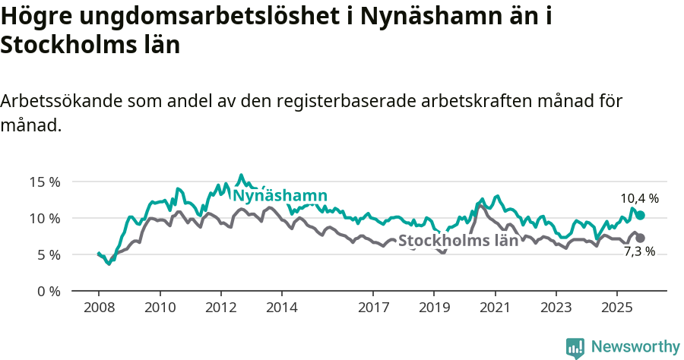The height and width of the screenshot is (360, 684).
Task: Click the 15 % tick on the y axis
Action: tap(44, 182)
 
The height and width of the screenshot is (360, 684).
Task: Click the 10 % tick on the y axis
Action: tap(44, 218)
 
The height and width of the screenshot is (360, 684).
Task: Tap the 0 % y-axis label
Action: tap(47, 291)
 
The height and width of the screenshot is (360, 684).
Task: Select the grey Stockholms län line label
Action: tap(458, 241)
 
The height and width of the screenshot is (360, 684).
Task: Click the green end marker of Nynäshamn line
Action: tap(640, 216)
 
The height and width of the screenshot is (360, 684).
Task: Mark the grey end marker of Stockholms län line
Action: tap(640, 238)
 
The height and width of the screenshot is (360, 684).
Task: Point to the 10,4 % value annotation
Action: tap(639, 198)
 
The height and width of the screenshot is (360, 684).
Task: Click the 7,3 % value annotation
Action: tap(639, 251)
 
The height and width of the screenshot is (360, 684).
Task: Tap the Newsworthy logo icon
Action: tap(575, 347)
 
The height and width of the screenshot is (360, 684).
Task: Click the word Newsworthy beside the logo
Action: tap(635, 346)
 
